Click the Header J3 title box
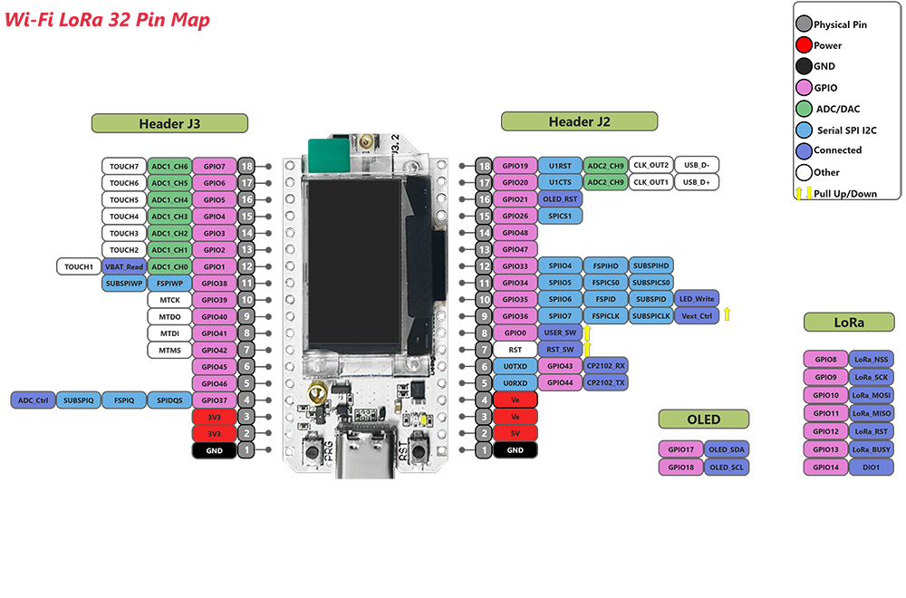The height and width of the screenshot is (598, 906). click(169, 124)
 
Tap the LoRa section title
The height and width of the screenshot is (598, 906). click(849, 323)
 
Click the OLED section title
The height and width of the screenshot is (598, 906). click(703, 420)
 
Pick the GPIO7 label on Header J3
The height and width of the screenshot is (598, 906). click(215, 166)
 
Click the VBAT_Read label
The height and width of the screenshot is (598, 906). click(122, 266)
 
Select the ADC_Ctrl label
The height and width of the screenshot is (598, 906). click(32, 400)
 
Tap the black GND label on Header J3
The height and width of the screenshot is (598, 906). click(215, 449)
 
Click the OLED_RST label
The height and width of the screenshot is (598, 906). click(561, 199)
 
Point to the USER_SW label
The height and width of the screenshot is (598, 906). click(560, 333)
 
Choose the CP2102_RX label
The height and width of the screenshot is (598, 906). click(605, 366)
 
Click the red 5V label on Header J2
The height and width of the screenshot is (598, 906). click(515, 433)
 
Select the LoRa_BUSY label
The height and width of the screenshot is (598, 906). click(872, 449)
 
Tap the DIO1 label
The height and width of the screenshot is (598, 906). click(872, 468)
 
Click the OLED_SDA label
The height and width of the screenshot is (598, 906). click(726, 449)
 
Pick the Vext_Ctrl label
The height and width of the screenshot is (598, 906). click(697, 316)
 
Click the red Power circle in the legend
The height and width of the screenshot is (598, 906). click(803, 45)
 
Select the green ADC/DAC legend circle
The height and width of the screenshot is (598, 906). click(803, 108)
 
